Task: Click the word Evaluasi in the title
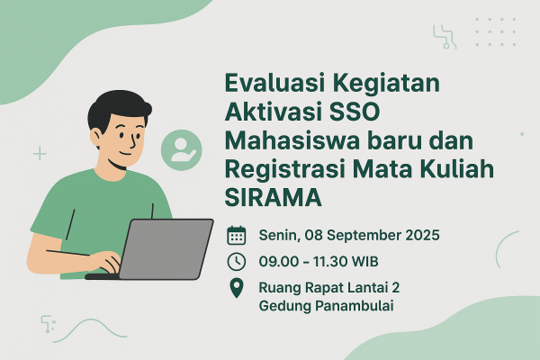268,86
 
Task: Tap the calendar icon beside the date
237,236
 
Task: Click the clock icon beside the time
237,262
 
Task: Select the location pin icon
237,288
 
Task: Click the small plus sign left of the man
40,154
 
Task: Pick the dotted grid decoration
495,31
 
